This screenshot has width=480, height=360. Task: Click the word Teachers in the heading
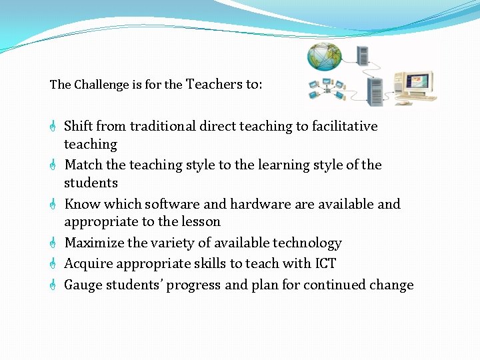pyautogui.click(x=214, y=84)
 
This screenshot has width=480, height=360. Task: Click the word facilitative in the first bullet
pyautogui.click(x=342, y=126)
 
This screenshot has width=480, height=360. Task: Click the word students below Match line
pyautogui.click(x=91, y=183)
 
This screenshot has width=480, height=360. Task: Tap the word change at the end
pyautogui.click(x=393, y=285)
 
